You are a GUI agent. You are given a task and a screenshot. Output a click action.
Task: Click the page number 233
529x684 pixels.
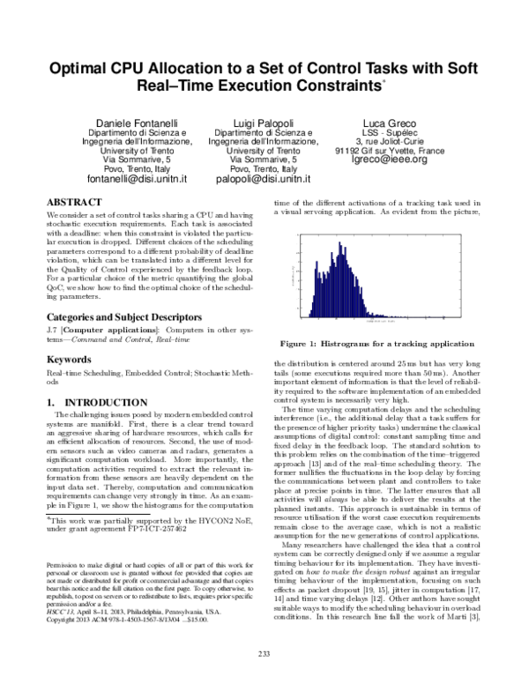coord(263,652)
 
